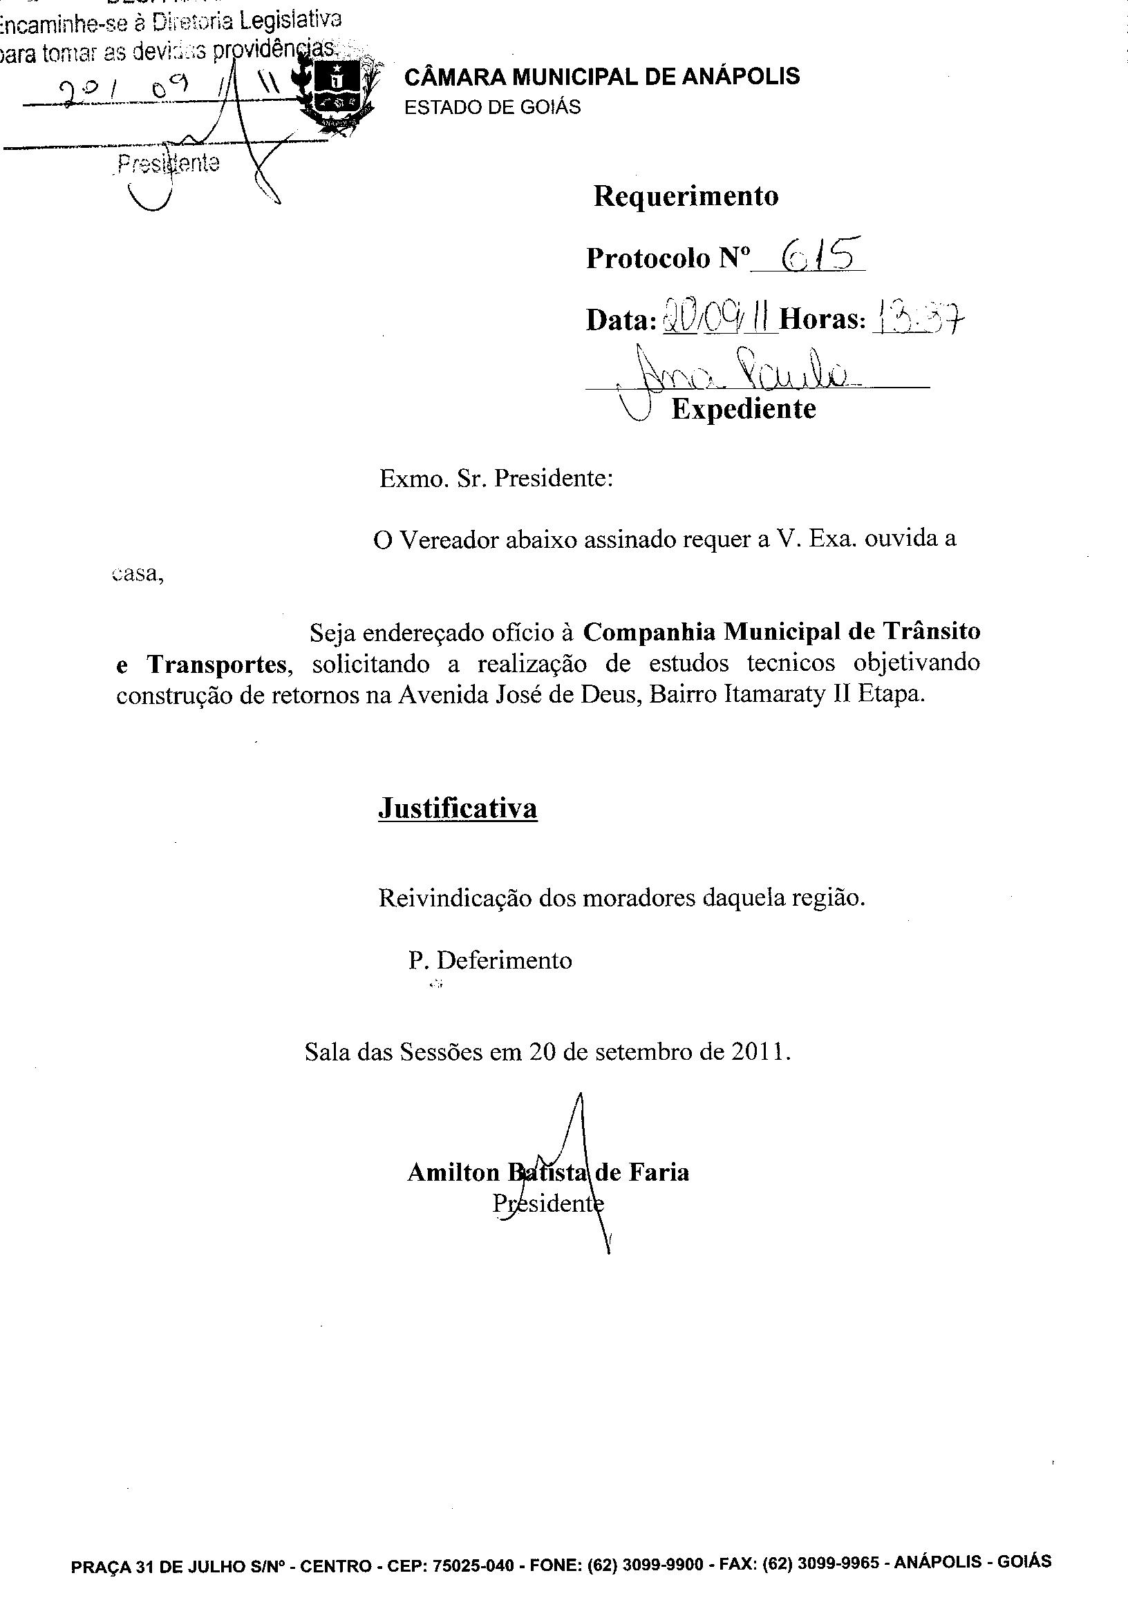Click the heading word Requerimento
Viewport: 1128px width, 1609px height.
click(x=686, y=196)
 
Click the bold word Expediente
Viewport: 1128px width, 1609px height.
click(x=743, y=408)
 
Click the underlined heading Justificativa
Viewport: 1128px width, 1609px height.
click(x=457, y=808)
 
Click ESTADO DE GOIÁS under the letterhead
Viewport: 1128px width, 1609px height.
click(x=492, y=107)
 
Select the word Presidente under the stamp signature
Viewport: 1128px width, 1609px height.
click(x=168, y=164)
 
